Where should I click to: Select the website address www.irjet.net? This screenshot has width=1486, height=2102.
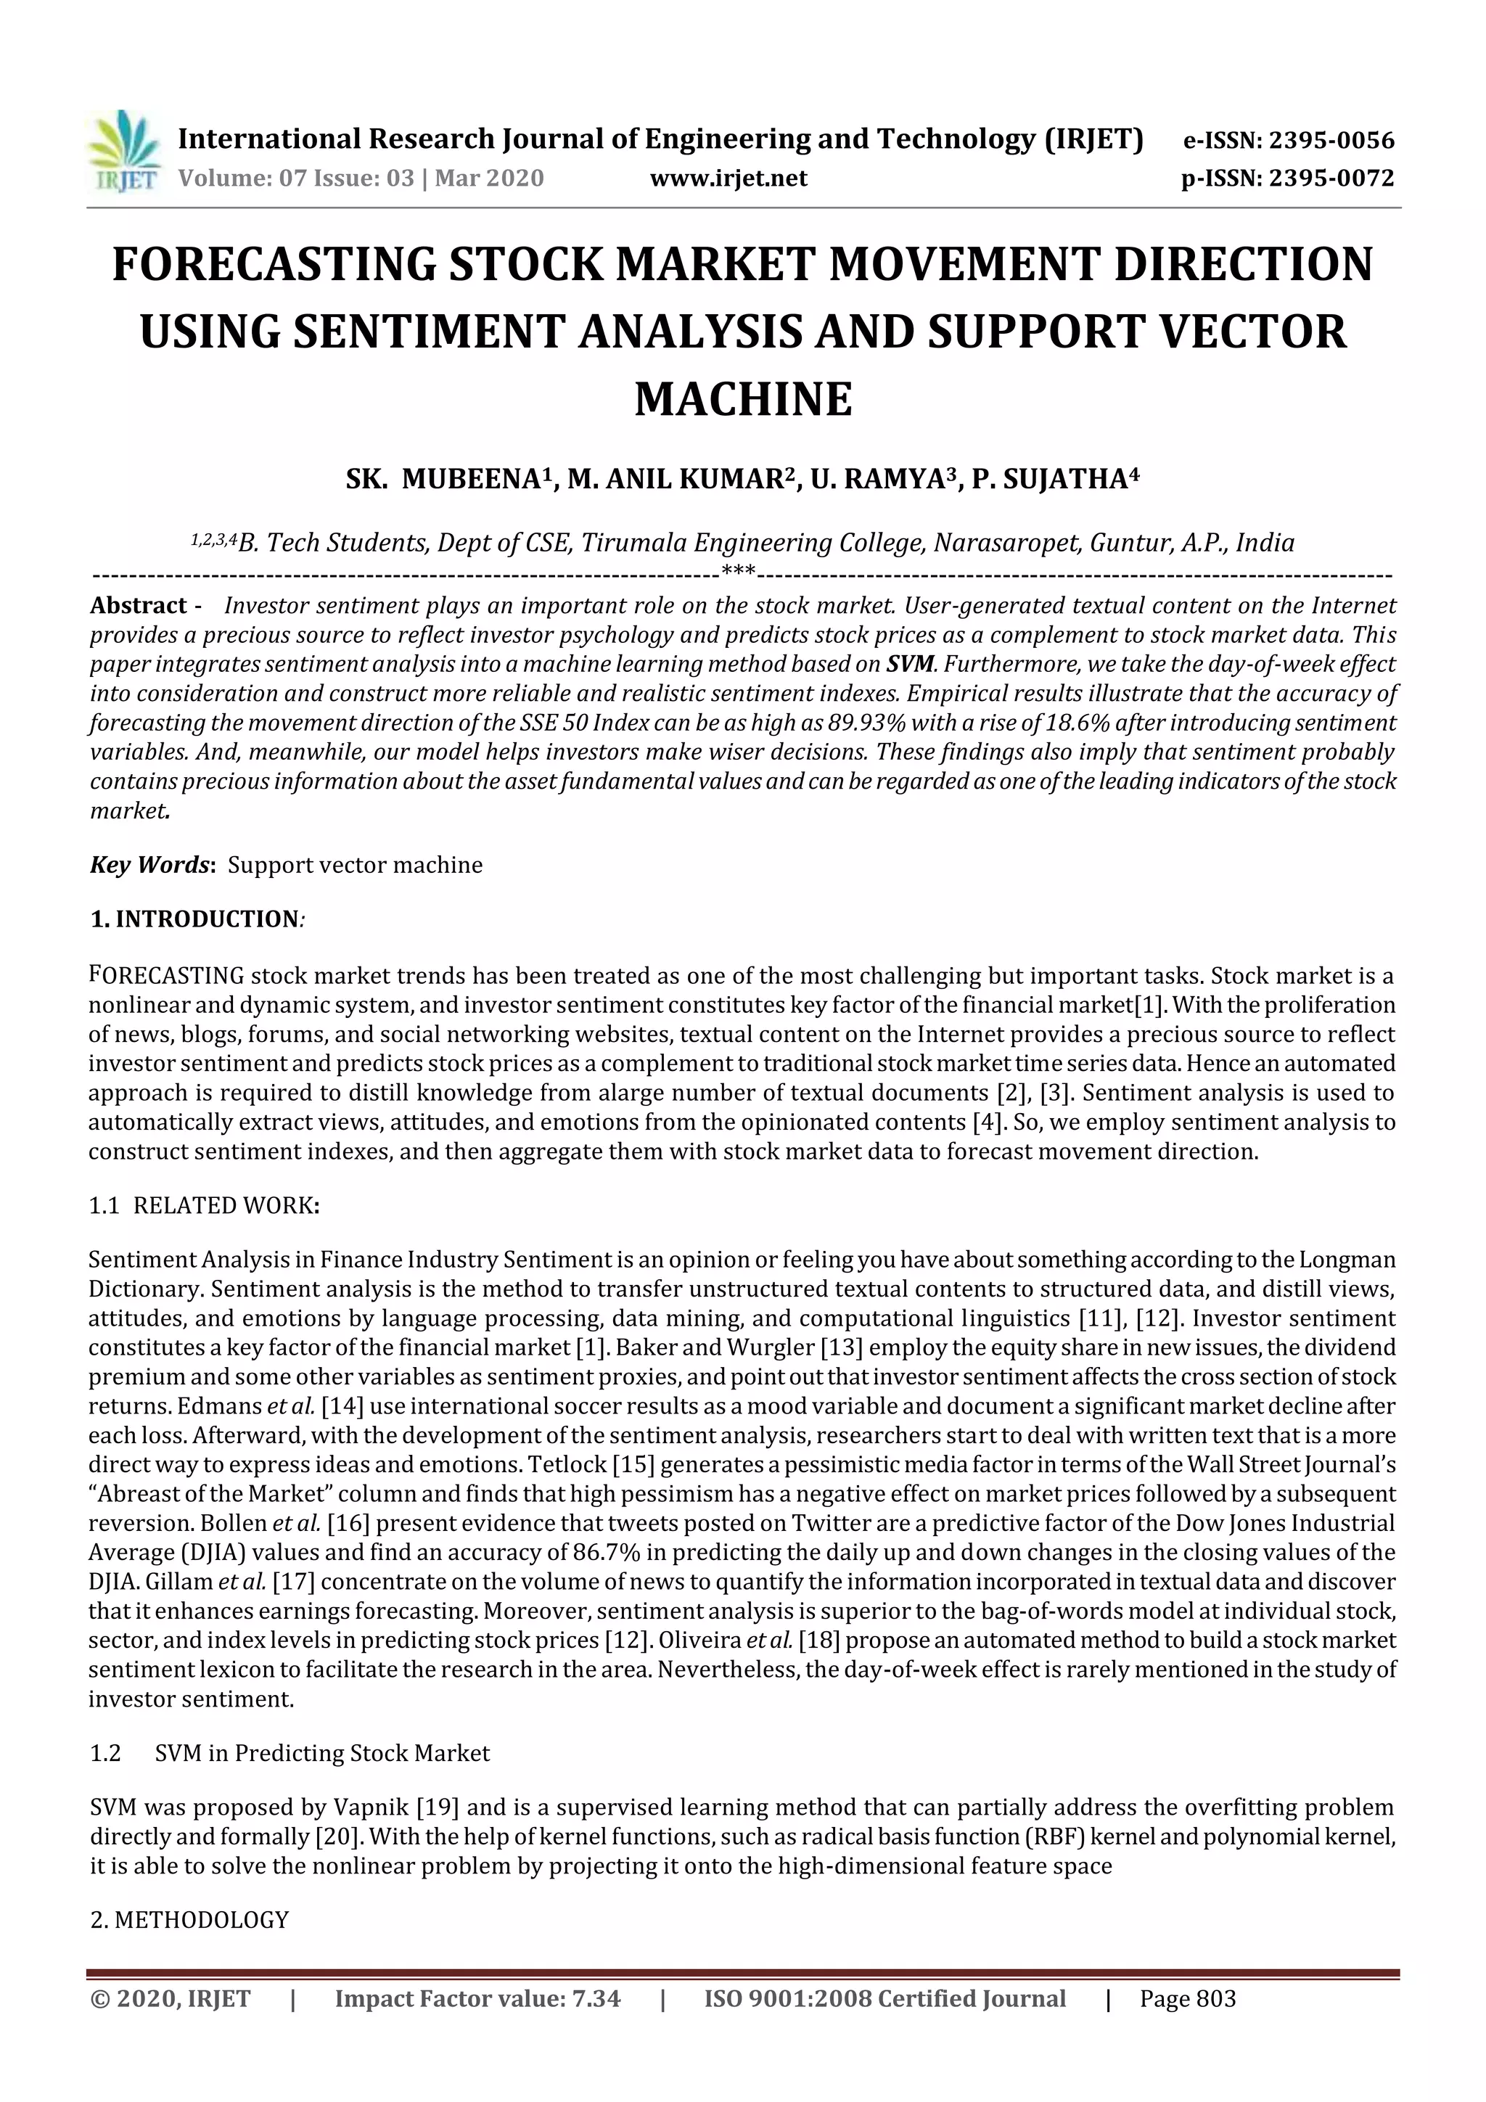pos(728,178)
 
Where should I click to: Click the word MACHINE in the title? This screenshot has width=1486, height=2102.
pos(742,399)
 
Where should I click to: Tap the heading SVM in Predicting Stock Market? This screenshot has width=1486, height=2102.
pos(322,1753)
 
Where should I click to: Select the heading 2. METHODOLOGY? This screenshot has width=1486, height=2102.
pos(189,1920)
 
